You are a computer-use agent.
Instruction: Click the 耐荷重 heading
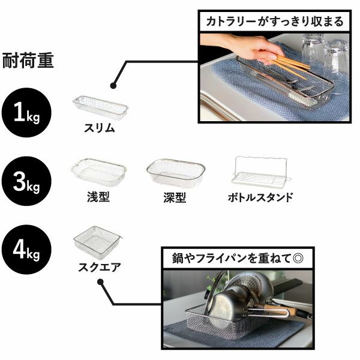click(x=28, y=61)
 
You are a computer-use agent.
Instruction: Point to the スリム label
click(x=99, y=128)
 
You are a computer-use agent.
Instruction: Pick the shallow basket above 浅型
click(x=98, y=172)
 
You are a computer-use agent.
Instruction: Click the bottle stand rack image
click(x=260, y=170)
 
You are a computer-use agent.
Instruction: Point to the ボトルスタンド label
click(x=260, y=197)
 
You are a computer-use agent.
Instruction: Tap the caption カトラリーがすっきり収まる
click(x=275, y=22)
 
